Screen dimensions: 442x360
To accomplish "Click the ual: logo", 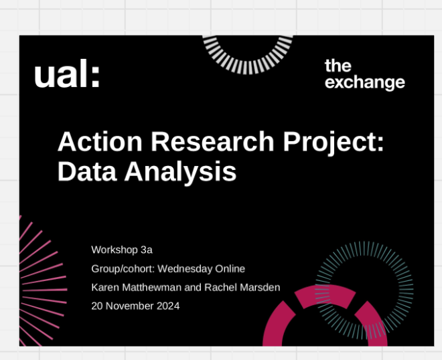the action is point(67,73).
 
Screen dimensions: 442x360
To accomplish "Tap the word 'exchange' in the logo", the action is point(365,83).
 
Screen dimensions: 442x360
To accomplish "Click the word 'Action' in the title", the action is point(100,141).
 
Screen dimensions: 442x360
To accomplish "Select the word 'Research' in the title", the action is point(212,141).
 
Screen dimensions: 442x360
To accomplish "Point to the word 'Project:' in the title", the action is point(334,143).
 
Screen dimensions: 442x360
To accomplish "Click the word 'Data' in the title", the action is point(87,171).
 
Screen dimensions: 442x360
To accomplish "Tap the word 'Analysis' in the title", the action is point(180,173).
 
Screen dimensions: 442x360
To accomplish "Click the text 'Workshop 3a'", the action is point(122,250).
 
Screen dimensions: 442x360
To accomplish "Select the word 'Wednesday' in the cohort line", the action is point(185,269).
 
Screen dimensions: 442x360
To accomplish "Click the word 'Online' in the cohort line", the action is point(230,269).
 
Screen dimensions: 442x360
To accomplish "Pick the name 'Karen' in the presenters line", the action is point(105,287).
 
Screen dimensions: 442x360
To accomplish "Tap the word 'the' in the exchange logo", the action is point(338,66).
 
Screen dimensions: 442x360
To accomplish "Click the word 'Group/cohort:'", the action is point(123,269).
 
